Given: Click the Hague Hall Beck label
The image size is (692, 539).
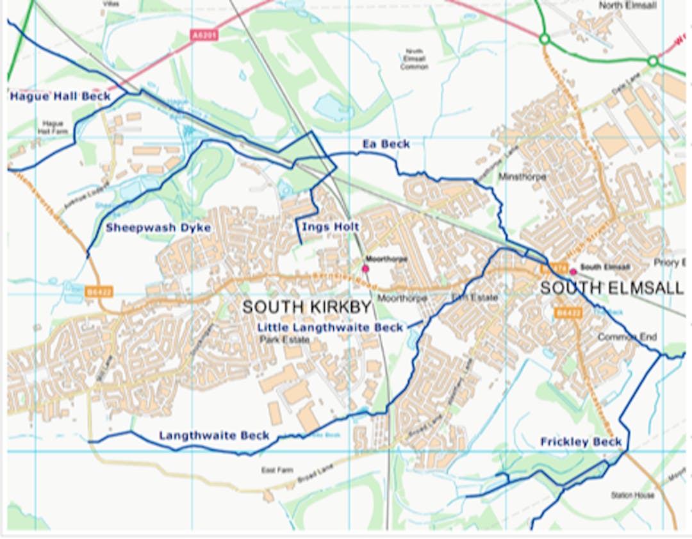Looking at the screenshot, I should (x=60, y=97).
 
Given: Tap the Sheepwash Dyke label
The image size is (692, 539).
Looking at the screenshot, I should (x=158, y=228).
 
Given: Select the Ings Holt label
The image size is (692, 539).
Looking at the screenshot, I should (x=330, y=227).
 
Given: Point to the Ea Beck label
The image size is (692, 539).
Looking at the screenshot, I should (x=386, y=144).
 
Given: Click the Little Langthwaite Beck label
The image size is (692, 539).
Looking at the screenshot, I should (x=330, y=328).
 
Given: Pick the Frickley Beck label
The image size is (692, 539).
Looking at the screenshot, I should (x=581, y=442).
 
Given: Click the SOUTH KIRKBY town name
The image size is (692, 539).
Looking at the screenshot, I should (x=307, y=308).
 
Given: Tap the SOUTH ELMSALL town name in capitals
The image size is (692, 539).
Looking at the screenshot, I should (x=611, y=288).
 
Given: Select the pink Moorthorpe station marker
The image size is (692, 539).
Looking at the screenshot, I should (x=365, y=269).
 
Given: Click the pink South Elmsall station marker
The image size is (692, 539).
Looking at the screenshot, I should (x=573, y=271).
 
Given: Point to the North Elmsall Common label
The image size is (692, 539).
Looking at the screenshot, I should (x=414, y=59).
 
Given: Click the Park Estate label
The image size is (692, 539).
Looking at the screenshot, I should (x=284, y=340).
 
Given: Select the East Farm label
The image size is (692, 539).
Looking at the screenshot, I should (x=277, y=470).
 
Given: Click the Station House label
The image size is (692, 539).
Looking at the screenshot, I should (x=632, y=495).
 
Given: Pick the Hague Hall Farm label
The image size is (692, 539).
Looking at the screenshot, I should (x=53, y=126).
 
